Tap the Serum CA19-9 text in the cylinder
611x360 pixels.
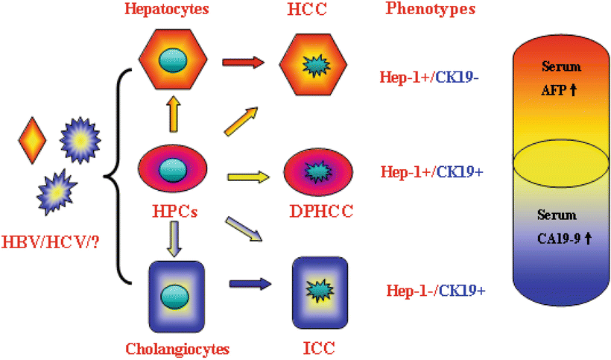pos(560,227)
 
